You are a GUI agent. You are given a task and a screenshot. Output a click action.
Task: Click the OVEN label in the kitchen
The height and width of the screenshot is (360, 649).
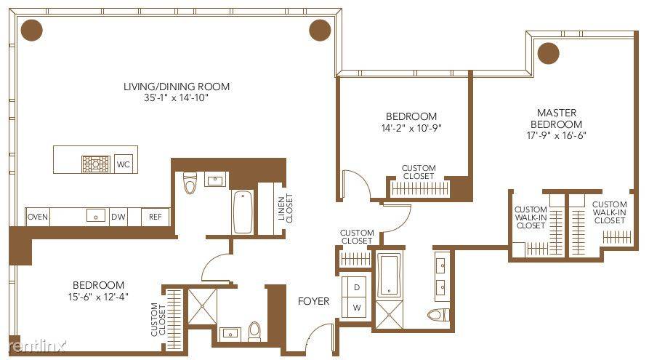[37, 217]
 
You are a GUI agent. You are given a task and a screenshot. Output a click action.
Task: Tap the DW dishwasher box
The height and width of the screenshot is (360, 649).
[118, 217]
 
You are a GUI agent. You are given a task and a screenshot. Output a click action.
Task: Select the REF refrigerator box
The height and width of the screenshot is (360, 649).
[156, 217]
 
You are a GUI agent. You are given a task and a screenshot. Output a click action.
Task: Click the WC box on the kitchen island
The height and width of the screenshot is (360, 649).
[124, 164]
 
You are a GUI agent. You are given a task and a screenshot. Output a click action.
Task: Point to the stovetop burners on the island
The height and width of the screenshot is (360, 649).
[95, 163]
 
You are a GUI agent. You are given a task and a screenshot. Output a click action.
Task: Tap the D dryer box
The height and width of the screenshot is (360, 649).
[357, 287]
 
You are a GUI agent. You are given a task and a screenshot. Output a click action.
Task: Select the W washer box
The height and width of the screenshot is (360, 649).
[357, 307]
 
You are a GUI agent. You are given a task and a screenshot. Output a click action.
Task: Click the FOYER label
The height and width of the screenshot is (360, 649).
[313, 300]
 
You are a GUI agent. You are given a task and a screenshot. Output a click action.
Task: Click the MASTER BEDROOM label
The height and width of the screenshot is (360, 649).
[557, 118]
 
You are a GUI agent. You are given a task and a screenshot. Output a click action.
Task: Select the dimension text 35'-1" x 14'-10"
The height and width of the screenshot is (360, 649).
[176, 98]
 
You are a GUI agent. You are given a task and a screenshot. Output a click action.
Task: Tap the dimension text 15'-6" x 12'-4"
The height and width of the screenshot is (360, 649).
[97, 296]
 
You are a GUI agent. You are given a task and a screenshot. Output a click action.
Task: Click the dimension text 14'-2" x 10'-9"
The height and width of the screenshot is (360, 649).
[411, 128]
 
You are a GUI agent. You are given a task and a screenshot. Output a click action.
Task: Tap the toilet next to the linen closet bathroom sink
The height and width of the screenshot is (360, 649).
[190, 182]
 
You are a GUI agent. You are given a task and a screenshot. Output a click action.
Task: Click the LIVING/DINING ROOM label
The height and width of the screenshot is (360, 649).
[176, 87]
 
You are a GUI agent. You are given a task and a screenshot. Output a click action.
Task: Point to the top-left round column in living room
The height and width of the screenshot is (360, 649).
[32, 30]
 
